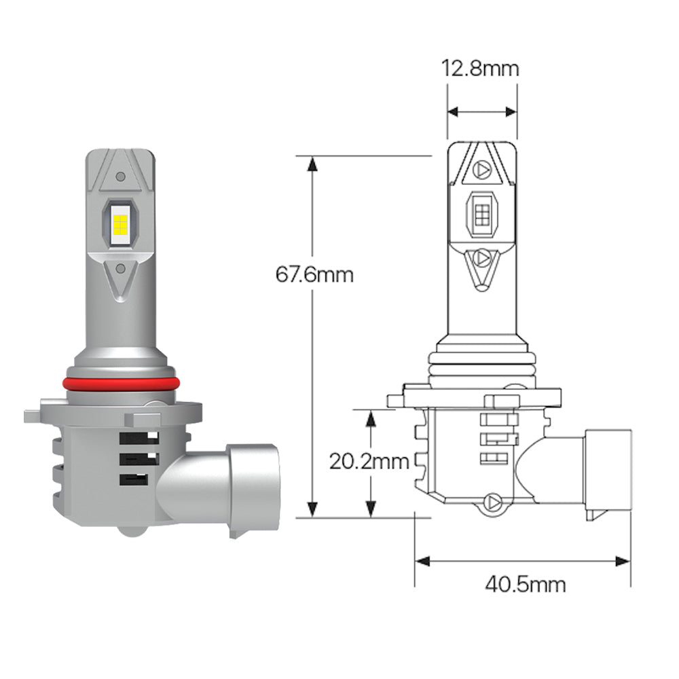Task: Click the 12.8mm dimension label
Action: (x=481, y=69)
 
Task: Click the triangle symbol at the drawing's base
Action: (x=492, y=503)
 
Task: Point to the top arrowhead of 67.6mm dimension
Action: (x=312, y=164)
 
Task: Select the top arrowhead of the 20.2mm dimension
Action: (x=370, y=416)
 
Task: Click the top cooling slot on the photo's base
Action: (x=139, y=438)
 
